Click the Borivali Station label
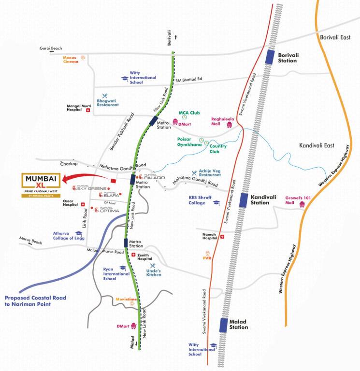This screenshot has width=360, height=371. pyautogui.click(x=288, y=58)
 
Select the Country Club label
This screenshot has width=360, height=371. pyautogui.click(x=218, y=148)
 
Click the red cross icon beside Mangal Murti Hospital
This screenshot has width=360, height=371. pyautogui.click(x=88, y=110)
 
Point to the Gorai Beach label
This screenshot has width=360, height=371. pyautogui.click(x=51, y=48)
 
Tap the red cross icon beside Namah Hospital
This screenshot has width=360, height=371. pyautogui.click(x=222, y=237)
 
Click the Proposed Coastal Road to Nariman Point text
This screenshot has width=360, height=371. pyautogui.click(x=35, y=301)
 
